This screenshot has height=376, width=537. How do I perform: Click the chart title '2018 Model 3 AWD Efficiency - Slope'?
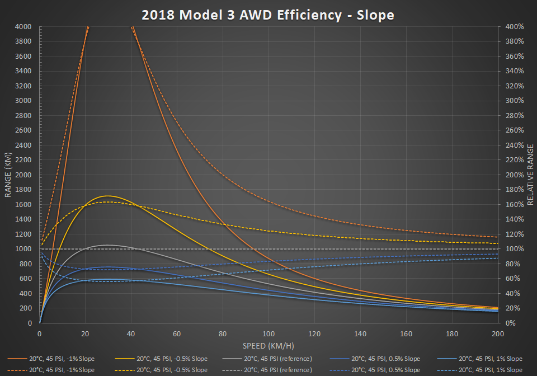coord(268,15)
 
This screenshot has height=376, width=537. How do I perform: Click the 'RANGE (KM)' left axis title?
coord(8,175)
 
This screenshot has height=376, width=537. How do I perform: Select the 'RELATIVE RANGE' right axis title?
coord(530,175)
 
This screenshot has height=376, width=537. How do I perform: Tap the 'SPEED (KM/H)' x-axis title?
coord(268,346)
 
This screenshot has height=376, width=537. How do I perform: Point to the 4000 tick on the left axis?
coord(23,27)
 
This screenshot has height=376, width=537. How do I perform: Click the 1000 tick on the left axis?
coord(23,249)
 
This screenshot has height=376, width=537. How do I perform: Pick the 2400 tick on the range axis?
coord(23,145)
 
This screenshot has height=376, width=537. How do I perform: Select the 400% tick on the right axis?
coord(513,27)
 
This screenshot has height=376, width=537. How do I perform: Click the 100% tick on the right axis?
coord(513,249)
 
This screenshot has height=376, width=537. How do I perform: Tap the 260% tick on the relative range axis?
coord(513,130)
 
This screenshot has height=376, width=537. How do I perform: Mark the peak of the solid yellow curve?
coord(107,196)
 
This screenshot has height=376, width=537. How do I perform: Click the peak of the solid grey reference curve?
coord(107,245)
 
